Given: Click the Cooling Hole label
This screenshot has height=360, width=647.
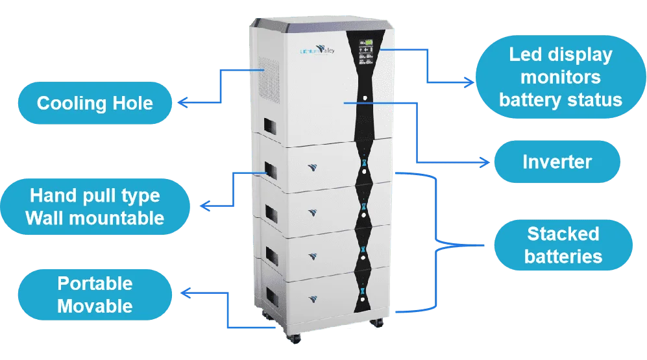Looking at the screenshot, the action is coord(95,103).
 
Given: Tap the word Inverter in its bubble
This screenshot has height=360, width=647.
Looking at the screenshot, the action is coord(557,162).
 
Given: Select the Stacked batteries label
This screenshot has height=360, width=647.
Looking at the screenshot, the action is coord(563,245).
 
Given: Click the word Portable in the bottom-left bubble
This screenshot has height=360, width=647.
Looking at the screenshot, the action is coord(95,283).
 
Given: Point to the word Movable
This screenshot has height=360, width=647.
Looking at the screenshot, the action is coord(95,306).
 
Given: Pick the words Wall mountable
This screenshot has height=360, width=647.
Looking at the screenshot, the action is coord(95,217).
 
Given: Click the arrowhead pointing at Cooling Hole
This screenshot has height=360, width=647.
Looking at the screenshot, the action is coord(182,102).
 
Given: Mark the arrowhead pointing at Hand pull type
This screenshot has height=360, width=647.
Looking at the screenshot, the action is coord(203,206).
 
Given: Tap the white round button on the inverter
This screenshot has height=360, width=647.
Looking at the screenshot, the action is coord(363,99).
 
